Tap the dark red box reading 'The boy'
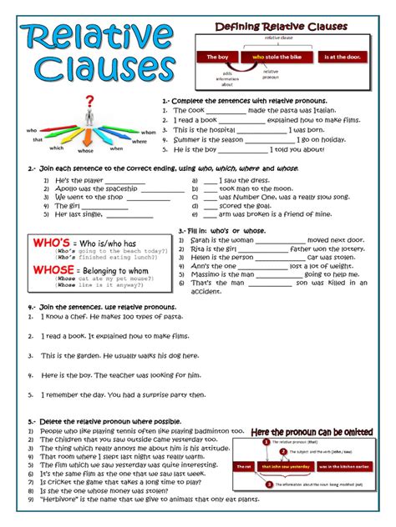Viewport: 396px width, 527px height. [217, 57]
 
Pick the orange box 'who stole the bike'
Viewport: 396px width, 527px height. [275, 57]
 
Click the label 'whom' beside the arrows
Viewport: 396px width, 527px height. [149, 132]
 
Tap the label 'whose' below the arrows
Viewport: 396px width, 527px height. [86, 151]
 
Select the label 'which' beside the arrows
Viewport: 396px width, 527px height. [57, 147]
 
